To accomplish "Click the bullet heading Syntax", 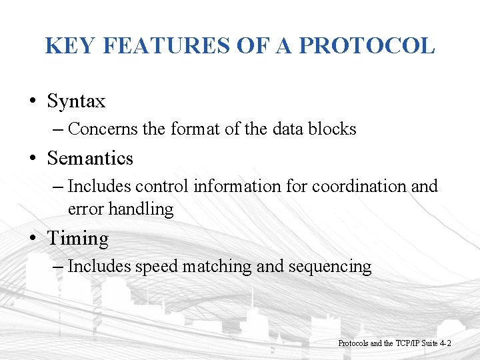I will pyautogui.click(x=76, y=101).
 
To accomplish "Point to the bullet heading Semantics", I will pyautogui.click(x=90, y=159).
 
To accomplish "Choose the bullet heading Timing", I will pyautogui.click(x=77, y=239).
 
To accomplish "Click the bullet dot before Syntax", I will pyautogui.click(x=32, y=102).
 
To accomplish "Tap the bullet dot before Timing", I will pyautogui.click(x=32, y=239).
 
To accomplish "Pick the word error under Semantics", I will pyautogui.click(x=86, y=209).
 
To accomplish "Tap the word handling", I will pyautogui.click(x=141, y=209).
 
